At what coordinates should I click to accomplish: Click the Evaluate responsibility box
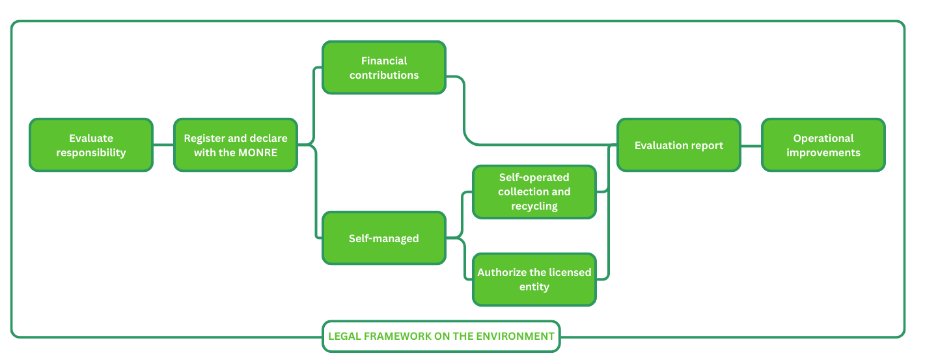tap(91, 145)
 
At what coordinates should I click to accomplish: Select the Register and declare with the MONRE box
tap(235, 145)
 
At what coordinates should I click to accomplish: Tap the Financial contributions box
tap(384, 68)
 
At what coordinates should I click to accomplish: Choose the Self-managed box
tap(384, 238)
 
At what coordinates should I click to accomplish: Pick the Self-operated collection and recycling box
tap(534, 191)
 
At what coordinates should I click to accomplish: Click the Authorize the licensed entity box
tap(534, 279)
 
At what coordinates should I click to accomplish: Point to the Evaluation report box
tap(678, 145)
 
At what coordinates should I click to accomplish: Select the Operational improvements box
tap(823, 145)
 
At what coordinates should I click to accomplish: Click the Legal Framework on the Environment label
tap(441, 337)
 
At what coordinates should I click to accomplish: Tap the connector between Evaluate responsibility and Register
tap(163, 145)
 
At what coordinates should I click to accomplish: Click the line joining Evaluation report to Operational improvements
tap(751, 145)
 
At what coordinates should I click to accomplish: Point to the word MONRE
tap(258, 153)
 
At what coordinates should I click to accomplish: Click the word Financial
tap(384, 61)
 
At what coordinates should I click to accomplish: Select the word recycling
tap(534, 206)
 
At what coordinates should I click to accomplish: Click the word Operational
tap(823, 138)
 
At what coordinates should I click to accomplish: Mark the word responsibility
tap(91, 153)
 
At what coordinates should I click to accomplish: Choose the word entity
tap(534, 287)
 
